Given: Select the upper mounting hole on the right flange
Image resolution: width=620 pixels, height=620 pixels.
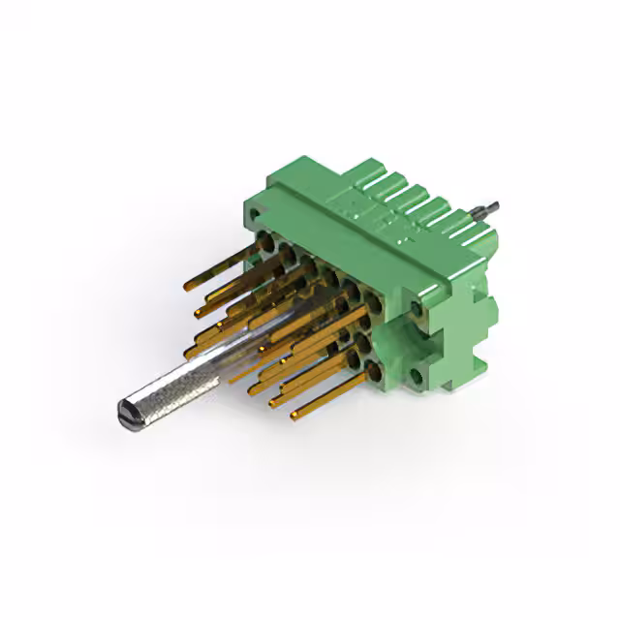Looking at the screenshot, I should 417,308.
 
